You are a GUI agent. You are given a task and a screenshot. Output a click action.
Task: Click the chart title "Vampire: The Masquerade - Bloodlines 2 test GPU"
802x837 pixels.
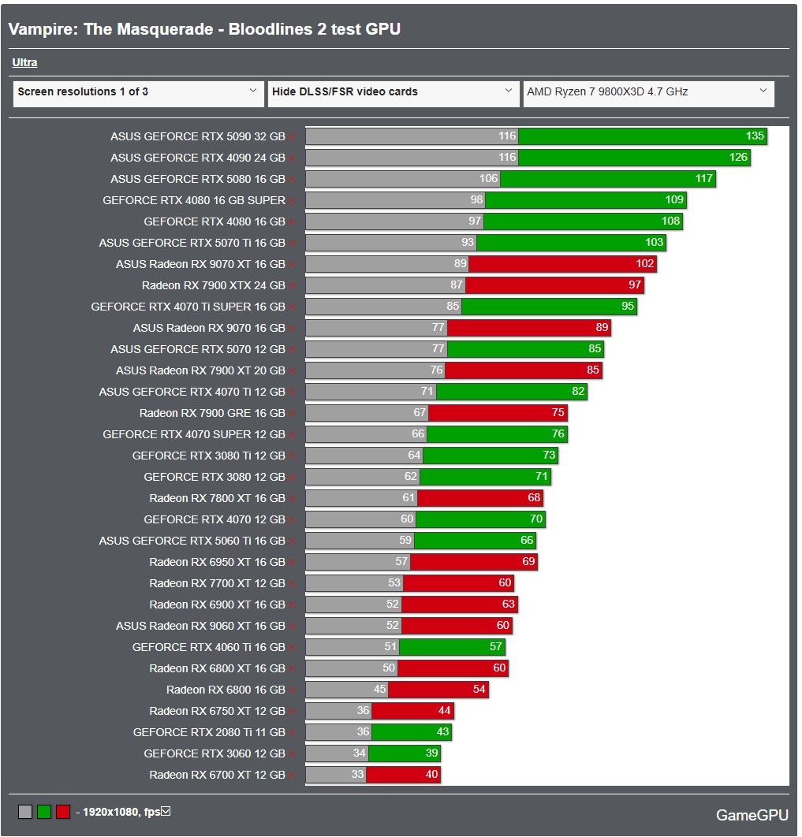click(204, 29)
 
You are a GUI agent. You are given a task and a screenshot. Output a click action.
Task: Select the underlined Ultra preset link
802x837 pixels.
click(24, 63)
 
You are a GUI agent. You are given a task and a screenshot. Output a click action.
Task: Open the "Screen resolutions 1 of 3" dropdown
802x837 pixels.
click(137, 92)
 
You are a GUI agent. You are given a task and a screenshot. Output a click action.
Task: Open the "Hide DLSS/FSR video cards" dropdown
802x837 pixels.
click(393, 92)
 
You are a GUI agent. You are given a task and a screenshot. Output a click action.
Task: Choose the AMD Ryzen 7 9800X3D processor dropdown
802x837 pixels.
click(648, 92)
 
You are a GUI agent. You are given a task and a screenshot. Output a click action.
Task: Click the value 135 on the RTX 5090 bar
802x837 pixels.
click(755, 136)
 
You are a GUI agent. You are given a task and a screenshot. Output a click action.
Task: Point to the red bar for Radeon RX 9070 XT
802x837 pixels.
click(561, 264)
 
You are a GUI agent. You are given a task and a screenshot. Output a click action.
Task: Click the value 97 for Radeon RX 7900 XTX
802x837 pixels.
click(635, 285)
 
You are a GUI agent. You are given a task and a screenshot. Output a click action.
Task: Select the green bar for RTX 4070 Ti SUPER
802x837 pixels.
click(549, 307)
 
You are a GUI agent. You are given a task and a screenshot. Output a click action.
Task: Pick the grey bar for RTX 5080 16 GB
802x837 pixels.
click(402, 179)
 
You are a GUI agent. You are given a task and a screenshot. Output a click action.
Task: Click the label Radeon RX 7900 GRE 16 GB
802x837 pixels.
click(212, 413)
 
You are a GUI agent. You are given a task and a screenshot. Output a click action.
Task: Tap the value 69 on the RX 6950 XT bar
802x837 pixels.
click(528, 562)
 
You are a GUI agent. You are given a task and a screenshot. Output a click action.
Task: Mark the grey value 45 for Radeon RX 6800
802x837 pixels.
click(379, 690)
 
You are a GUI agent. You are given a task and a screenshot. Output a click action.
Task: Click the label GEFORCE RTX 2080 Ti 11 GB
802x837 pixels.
click(209, 732)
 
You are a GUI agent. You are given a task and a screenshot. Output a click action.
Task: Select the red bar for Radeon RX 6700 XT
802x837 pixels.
click(402, 775)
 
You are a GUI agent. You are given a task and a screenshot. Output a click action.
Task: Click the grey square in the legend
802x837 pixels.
click(25, 812)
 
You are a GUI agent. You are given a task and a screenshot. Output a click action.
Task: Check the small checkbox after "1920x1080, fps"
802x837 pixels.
click(166, 811)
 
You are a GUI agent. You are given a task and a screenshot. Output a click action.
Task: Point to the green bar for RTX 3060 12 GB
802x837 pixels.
click(404, 753)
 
